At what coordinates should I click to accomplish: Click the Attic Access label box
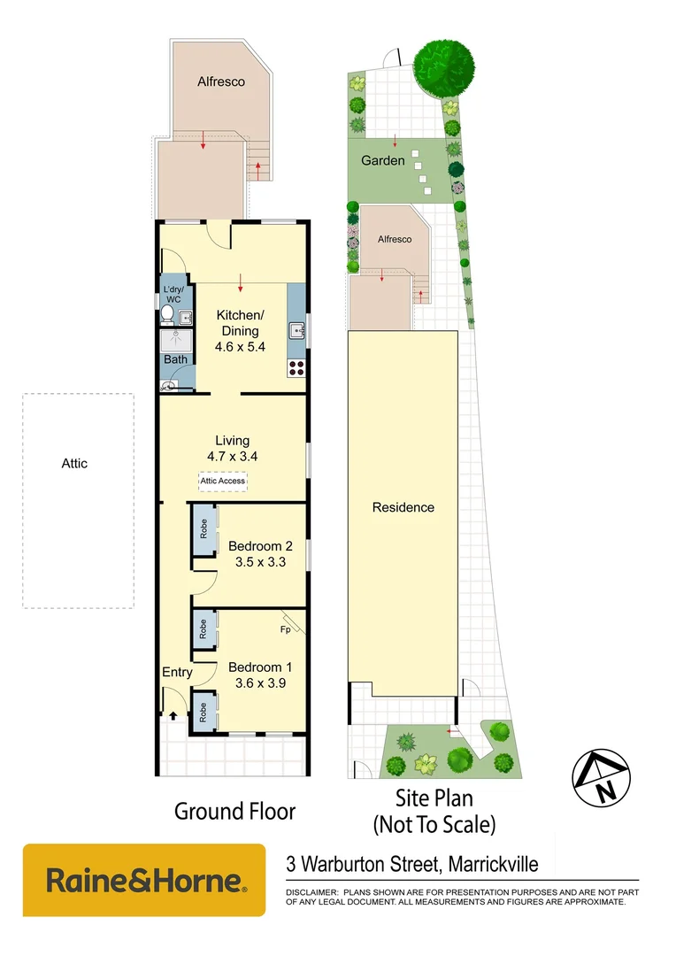point(222,481)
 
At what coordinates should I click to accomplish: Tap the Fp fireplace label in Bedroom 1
point(285,629)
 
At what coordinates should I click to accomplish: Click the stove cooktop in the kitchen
point(296,367)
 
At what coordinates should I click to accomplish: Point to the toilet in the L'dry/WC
point(167,315)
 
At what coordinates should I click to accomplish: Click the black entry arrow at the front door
point(173,716)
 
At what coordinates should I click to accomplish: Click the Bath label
point(175,359)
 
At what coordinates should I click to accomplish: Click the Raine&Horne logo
point(144,881)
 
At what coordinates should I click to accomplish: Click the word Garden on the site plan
point(383,161)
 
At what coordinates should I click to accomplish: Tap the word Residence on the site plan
point(403,507)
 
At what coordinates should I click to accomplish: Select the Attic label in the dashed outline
point(74,463)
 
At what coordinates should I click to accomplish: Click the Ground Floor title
point(234,810)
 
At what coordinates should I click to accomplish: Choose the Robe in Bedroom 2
point(204,529)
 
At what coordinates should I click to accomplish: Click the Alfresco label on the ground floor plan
point(220,81)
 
